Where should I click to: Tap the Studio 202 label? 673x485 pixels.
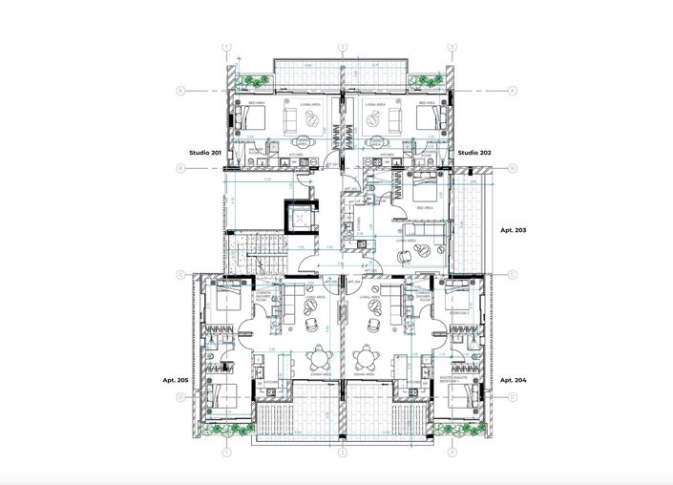click(474, 153)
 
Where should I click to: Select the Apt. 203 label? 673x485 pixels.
click(514, 230)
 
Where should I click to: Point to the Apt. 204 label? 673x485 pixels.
click(514, 379)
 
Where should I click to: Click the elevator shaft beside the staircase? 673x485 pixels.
click(303, 219)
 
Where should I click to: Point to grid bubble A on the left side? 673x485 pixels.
click(179, 91)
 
